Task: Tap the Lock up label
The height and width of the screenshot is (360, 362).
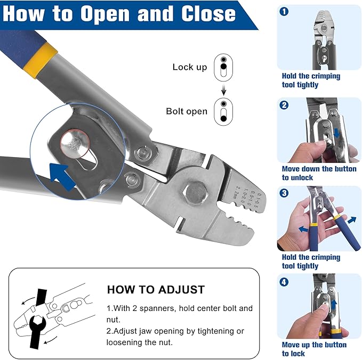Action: [189, 67]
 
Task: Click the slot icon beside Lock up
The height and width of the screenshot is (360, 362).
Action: [224, 66]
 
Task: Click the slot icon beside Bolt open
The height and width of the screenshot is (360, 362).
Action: [224, 111]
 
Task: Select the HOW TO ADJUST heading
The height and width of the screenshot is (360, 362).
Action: [156, 290]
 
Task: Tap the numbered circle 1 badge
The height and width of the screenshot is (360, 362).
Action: [284, 11]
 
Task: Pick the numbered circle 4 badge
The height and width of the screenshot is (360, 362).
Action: [284, 282]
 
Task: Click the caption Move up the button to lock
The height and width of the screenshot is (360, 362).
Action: [314, 349]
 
